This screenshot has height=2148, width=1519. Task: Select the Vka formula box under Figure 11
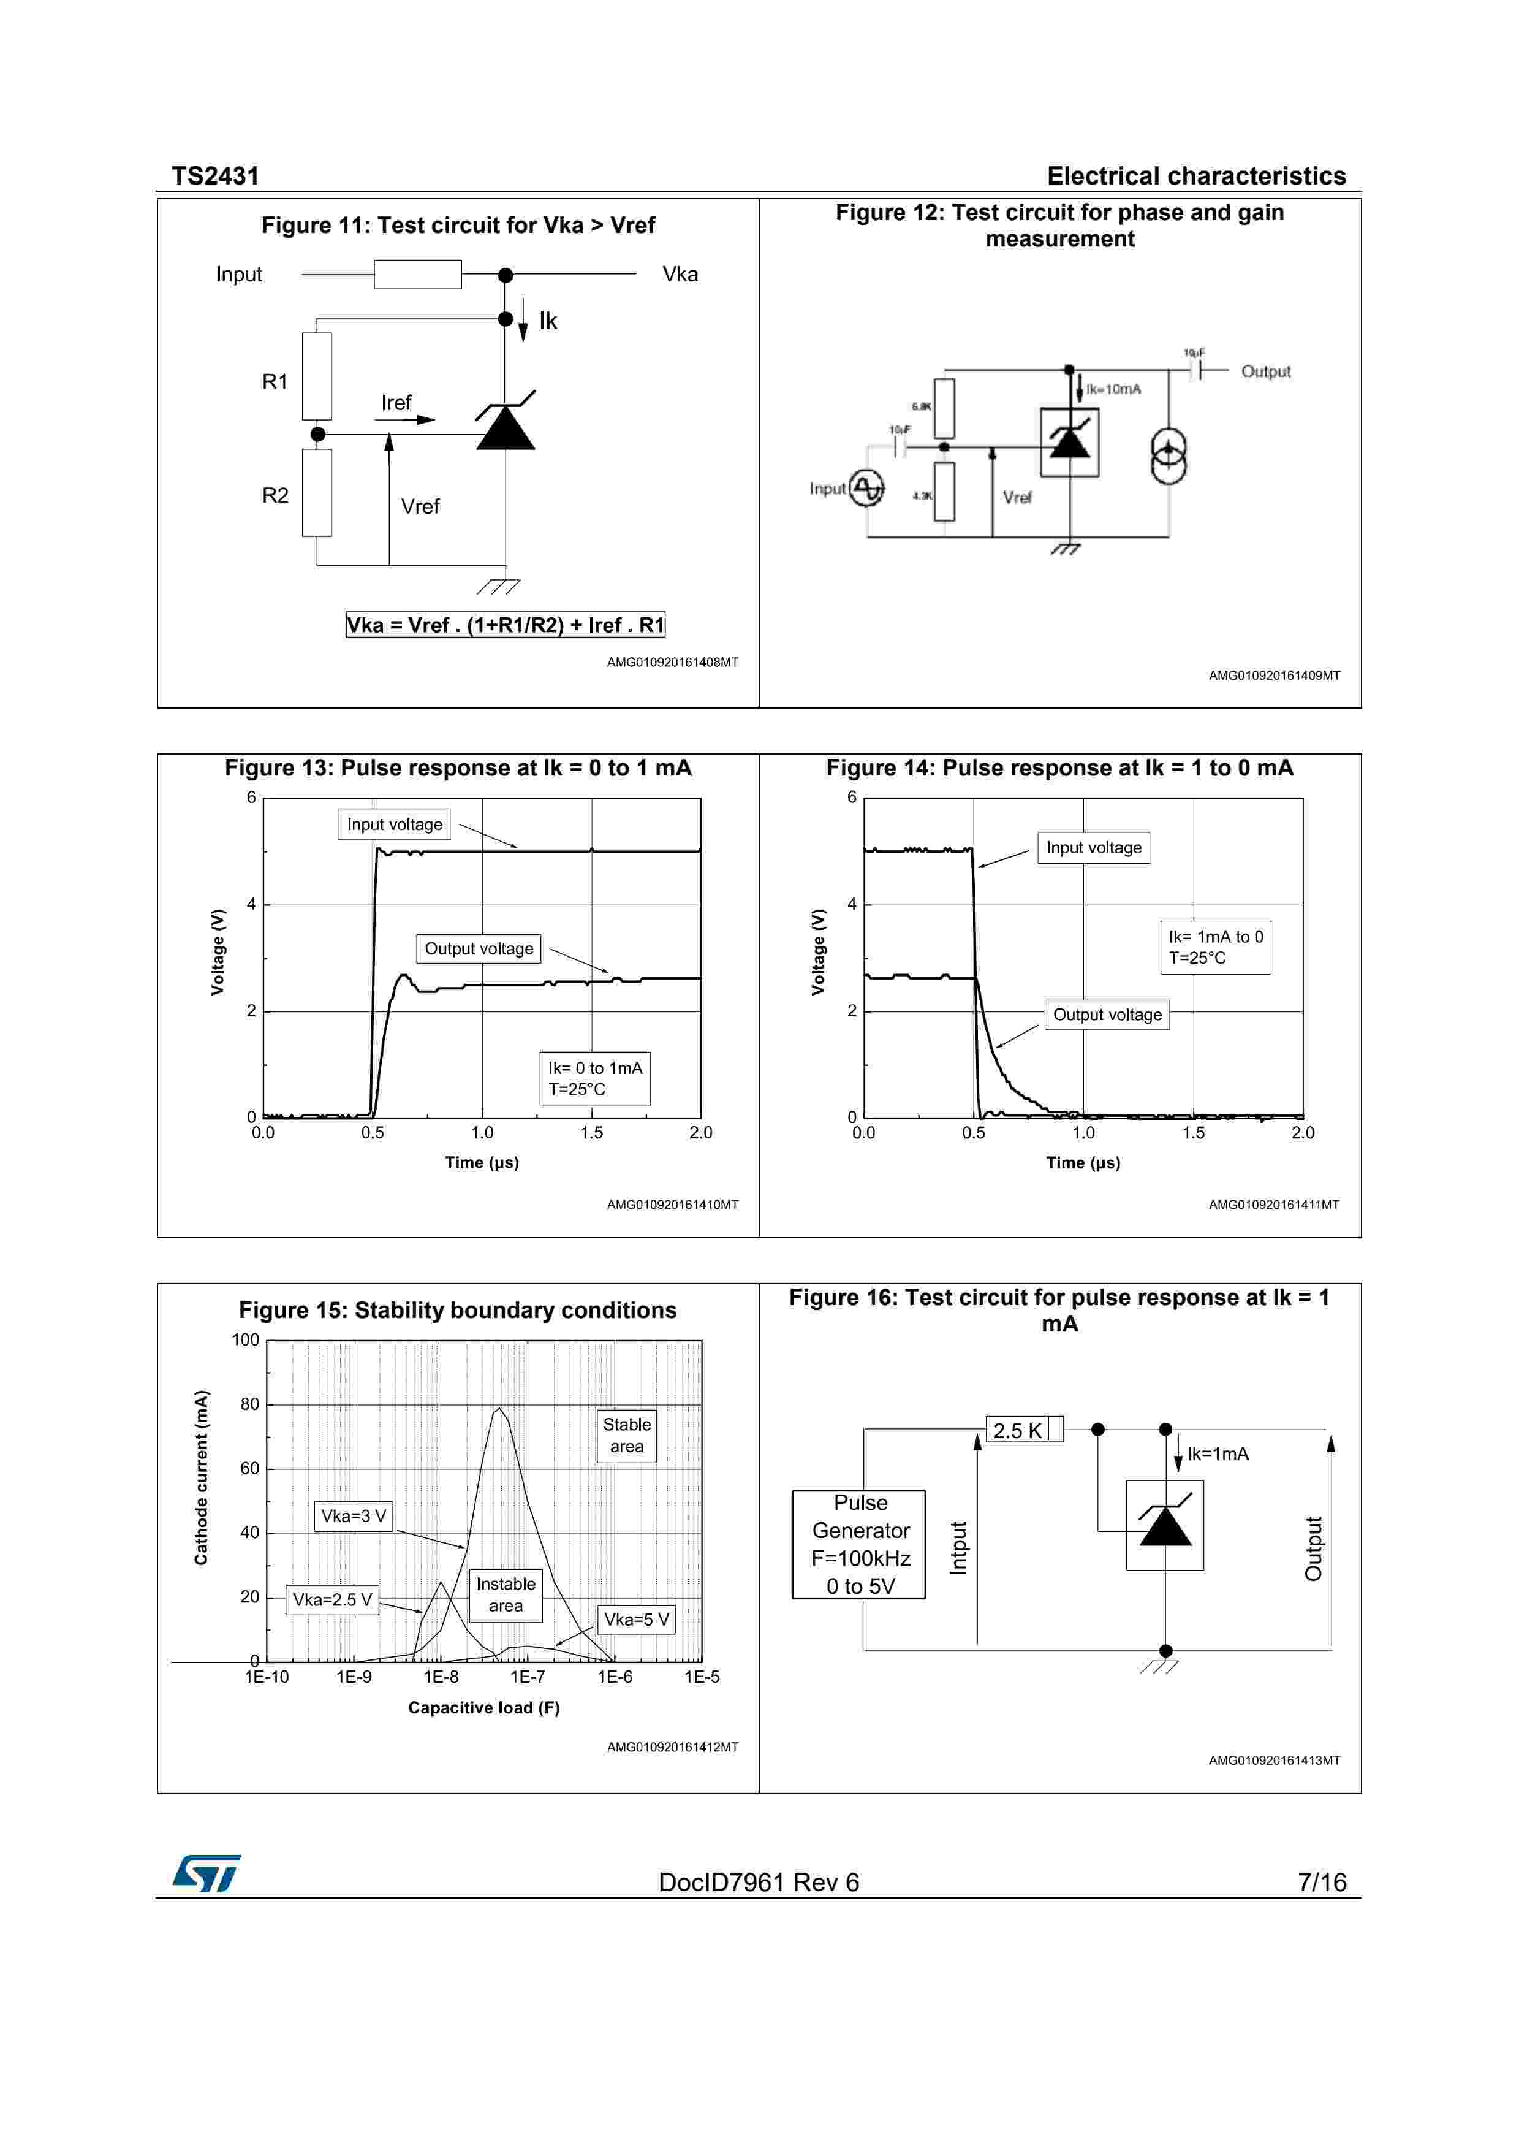(505, 625)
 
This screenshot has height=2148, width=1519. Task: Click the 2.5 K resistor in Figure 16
(1024, 1430)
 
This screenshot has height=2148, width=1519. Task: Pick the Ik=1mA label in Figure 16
(1218, 1454)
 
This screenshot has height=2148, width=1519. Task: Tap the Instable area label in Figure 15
(506, 1594)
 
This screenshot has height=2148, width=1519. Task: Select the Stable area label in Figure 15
(627, 1435)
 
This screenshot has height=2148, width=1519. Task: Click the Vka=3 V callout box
(354, 1515)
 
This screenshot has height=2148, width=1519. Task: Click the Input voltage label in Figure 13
(395, 825)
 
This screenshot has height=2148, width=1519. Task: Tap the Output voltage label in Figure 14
(1107, 1015)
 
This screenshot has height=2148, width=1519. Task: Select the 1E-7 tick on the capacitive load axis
(528, 1677)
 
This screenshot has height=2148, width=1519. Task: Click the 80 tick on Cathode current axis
(250, 1404)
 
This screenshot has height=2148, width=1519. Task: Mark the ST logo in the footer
(206, 1873)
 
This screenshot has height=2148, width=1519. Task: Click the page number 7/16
(1322, 1883)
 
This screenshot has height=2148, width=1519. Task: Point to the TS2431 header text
(215, 176)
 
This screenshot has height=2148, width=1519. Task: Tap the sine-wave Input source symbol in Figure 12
(867, 487)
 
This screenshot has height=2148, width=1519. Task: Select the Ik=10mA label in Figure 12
(1113, 389)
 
